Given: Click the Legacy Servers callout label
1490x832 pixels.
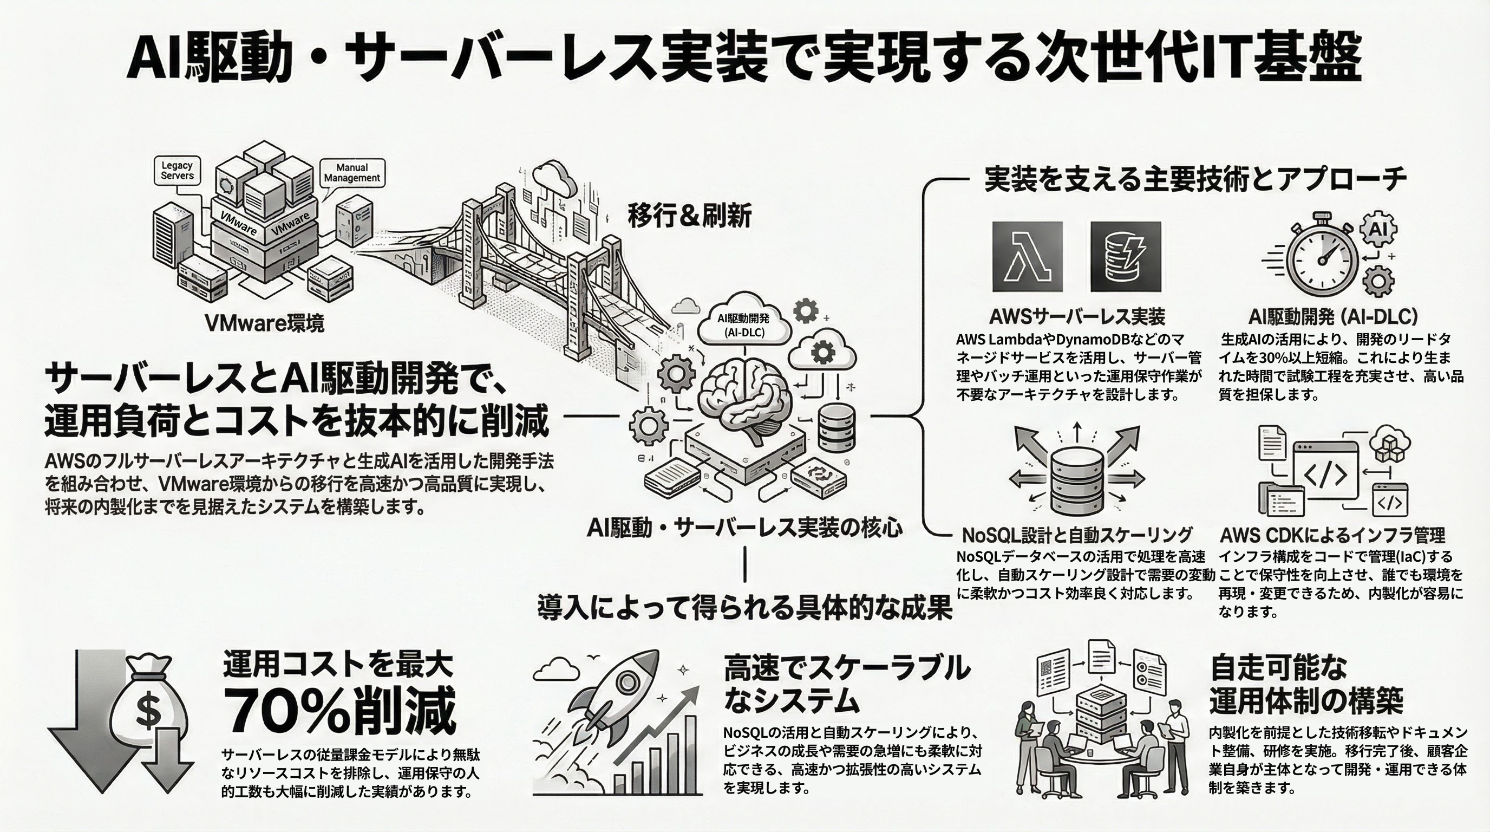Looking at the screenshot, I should pos(177,171).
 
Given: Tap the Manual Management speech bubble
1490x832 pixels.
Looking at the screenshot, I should pos(352,172).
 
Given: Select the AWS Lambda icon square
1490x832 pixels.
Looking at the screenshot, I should pos(1027,256).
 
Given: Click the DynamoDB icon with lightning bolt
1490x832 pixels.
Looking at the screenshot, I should pos(1125,256).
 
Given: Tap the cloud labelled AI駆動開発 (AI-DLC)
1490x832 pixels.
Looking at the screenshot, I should pos(744,325).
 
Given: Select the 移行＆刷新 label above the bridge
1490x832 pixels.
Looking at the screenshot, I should pos(689,216).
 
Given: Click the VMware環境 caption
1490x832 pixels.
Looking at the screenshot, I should pos(264,323).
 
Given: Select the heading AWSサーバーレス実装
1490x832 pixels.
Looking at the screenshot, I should pos(1077,316).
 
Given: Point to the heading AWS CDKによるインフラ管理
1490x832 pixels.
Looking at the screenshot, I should pos(1332,535).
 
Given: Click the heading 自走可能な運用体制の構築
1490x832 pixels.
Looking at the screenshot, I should pos(1305,685).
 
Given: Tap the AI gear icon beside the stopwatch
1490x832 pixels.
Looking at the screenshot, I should pos(1379,229).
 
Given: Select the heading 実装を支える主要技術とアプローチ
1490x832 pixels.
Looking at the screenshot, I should pos(1195,179).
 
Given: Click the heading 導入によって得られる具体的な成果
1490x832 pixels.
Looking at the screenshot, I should pos(744,608).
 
